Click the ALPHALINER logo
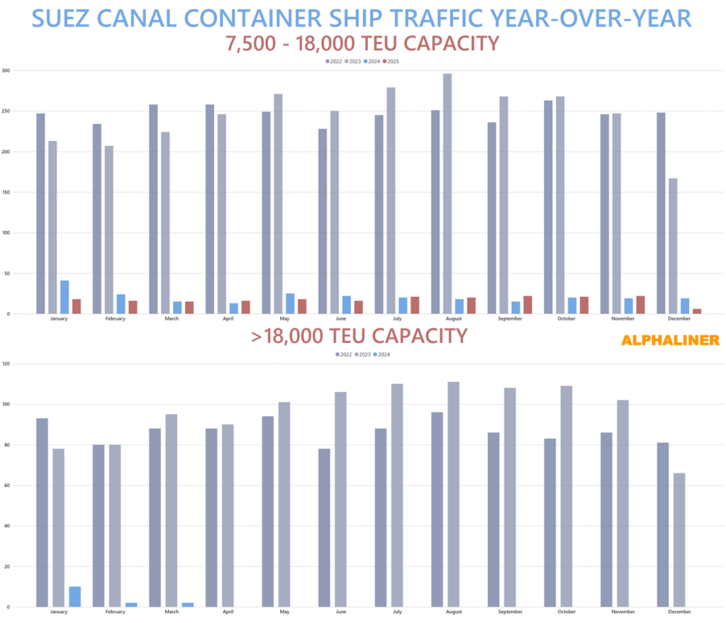coord(670,340)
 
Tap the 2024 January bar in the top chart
coord(65,297)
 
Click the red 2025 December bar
coord(697,311)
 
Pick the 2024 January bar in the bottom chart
coord(75,597)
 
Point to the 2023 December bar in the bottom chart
coord(679,540)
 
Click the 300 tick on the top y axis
coord(6,71)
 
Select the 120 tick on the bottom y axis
coord(6,364)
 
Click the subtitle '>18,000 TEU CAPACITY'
coord(359,335)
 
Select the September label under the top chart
coord(510,319)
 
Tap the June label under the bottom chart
coord(341,612)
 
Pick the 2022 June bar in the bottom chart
coord(323,528)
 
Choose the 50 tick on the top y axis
coord(6,274)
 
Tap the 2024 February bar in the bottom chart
coord(132,605)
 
